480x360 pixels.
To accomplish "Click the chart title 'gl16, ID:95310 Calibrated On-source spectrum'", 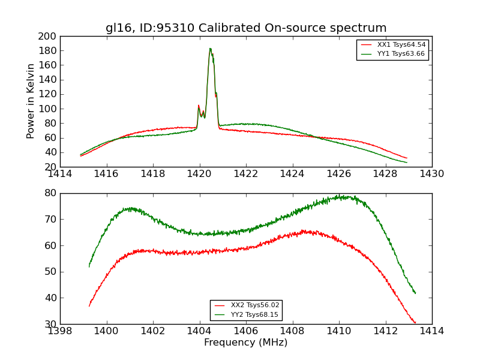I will tap(246, 28).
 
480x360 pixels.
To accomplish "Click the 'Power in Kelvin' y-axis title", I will tap(31, 101).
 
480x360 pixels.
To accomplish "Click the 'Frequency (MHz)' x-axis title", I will tap(246, 343).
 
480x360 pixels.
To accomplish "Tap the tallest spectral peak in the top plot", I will tap(210, 49).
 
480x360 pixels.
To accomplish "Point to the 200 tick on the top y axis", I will tap(48, 36).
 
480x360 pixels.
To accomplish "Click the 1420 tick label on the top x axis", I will tap(199, 174).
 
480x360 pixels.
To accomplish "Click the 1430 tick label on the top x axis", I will tap(432, 174).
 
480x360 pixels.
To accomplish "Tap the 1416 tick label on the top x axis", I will tap(106, 174).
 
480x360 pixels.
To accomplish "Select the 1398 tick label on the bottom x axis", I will tap(60, 331).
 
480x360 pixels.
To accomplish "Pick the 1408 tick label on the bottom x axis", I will tap(292, 331).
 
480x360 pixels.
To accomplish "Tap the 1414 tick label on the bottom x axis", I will tap(432, 331).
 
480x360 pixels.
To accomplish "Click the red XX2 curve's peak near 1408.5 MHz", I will tap(304, 230).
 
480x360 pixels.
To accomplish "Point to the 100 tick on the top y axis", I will tap(48, 109).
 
